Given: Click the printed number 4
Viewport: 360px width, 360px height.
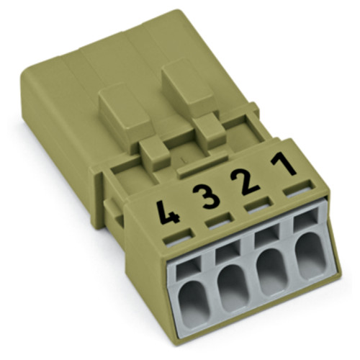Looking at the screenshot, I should (x=171, y=214).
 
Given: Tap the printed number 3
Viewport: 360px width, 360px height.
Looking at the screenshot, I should (x=210, y=196).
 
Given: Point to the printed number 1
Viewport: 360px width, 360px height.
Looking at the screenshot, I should (x=287, y=164).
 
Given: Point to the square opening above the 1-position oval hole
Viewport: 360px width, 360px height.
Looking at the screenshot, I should (x=302, y=219).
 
